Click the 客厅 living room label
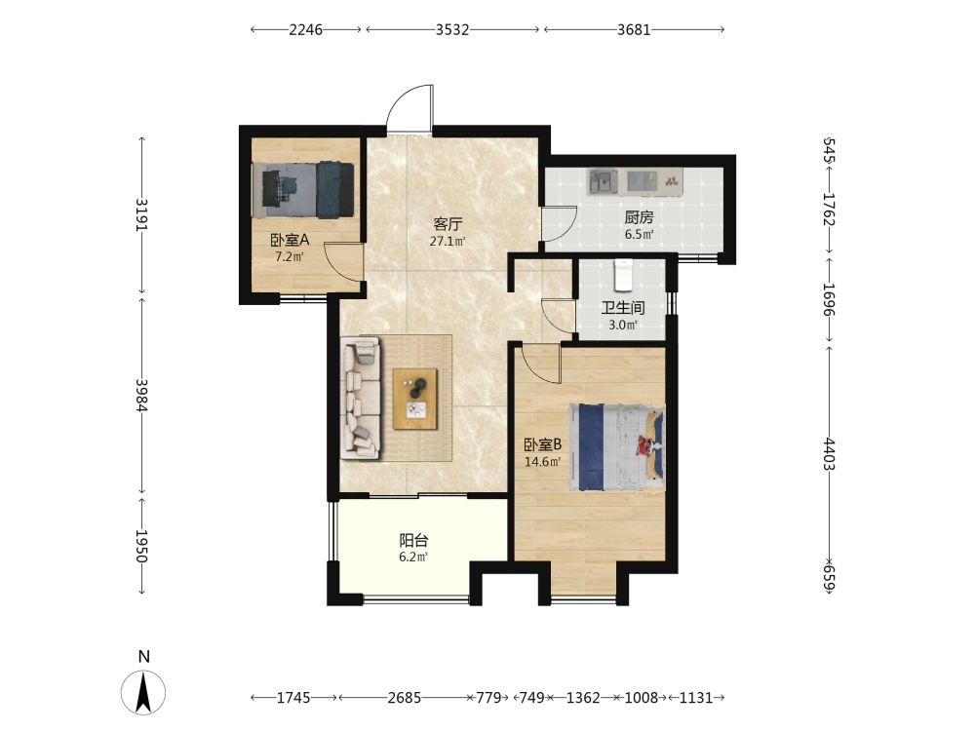point(448,223)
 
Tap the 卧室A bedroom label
point(290,240)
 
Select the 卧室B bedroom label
point(543,445)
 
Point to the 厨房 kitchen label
point(640,217)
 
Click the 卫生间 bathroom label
point(622,308)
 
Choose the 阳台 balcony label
point(413,540)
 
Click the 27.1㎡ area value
point(448,241)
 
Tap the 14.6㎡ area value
point(543,462)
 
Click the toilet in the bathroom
point(623,275)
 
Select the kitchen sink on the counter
point(602,181)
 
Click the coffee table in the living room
point(414,399)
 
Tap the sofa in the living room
point(361,399)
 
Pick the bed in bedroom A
point(303,190)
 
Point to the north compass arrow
point(143,692)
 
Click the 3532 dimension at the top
point(452,30)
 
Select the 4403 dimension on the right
point(830,454)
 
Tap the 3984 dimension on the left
point(142,396)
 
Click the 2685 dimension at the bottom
point(405,698)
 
